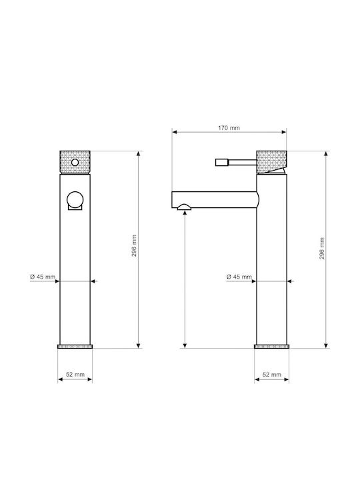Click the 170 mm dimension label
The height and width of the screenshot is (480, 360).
229,128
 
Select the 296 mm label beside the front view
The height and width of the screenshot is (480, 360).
135,245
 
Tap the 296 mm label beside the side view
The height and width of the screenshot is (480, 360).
322,248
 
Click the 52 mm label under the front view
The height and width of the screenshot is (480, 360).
75,375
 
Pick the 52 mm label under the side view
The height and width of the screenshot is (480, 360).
272,375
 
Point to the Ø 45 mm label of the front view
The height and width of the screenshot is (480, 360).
43,277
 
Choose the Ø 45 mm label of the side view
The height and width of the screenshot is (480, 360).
239,277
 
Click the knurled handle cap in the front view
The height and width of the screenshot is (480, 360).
75,162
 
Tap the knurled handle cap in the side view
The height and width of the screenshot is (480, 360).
271,162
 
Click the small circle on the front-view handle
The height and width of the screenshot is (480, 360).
75,162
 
